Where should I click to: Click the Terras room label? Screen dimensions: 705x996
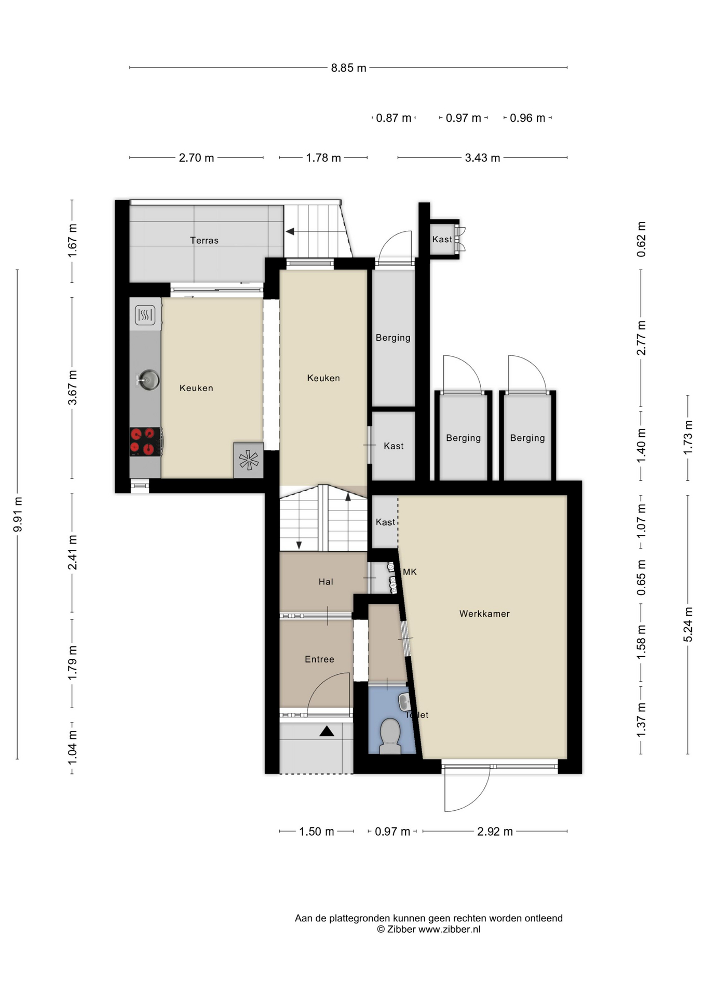click(x=204, y=240)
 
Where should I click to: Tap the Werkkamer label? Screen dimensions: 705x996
click(x=484, y=614)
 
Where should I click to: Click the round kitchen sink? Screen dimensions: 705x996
click(x=148, y=380)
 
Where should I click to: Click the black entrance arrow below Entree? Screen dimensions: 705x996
click(x=327, y=731)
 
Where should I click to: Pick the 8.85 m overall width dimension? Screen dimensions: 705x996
click(x=349, y=68)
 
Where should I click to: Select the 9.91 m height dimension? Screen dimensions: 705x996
click(x=18, y=514)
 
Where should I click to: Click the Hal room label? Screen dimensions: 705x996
click(x=326, y=582)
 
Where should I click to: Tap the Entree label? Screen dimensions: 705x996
click(x=319, y=659)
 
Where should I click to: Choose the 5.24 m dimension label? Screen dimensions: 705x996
click(x=688, y=624)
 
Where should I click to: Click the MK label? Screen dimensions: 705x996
click(x=410, y=572)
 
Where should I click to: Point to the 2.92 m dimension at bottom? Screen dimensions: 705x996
click(x=495, y=832)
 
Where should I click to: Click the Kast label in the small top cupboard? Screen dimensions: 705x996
click(x=442, y=239)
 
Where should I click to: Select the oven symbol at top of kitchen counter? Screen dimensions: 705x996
click(x=145, y=315)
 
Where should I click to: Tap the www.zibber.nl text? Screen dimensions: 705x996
click(x=450, y=929)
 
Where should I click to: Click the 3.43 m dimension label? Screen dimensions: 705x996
click(x=482, y=158)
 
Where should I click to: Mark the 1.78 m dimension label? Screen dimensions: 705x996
click(x=323, y=158)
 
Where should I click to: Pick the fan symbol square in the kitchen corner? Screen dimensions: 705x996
click(x=249, y=460)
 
